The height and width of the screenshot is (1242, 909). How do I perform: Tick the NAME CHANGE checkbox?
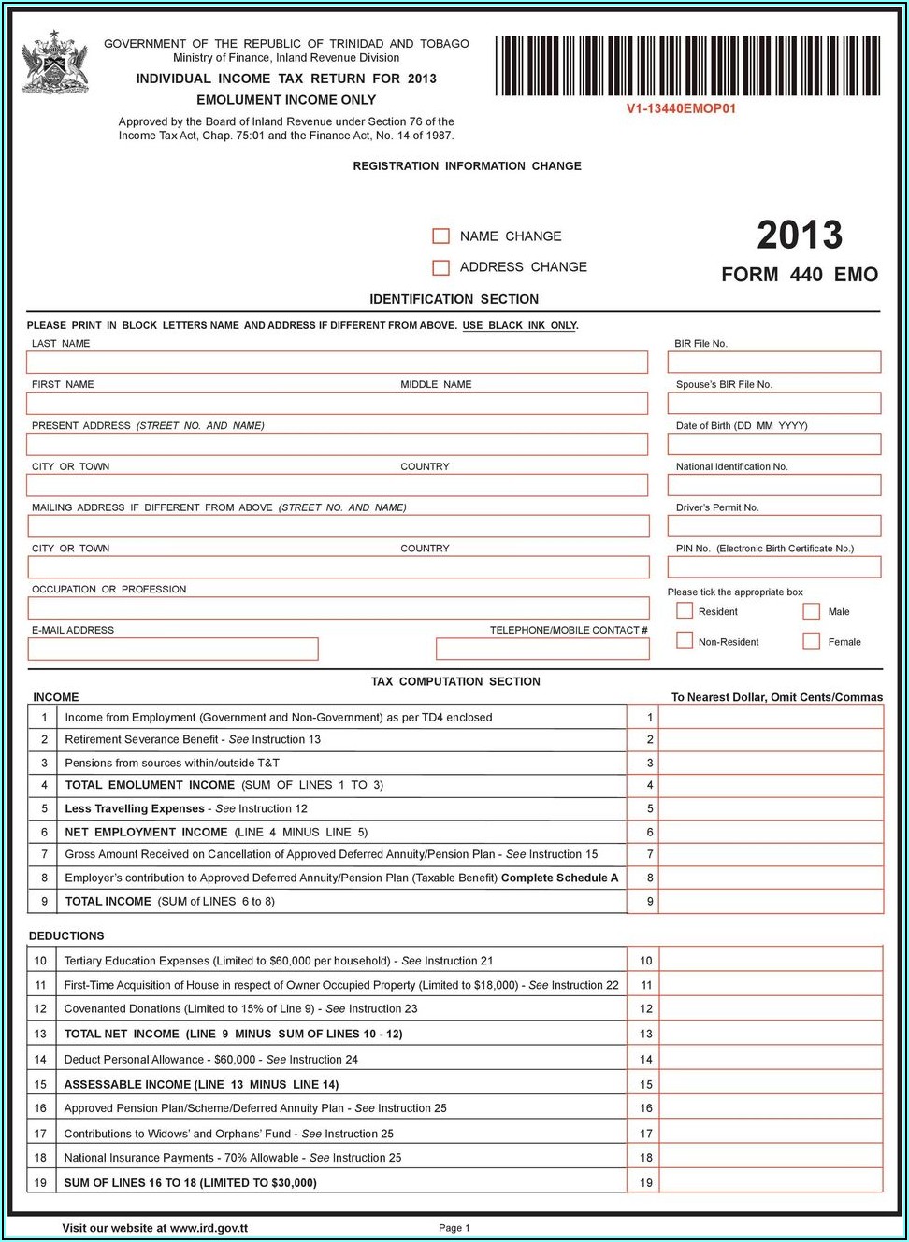tap(441, 236)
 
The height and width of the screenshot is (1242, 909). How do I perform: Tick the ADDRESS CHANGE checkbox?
tap(441, 267)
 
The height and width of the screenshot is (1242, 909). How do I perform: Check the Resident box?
tap(685, 611)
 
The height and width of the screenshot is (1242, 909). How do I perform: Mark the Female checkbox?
tap(812, 641)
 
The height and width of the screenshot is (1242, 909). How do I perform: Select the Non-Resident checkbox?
tap(685, 641)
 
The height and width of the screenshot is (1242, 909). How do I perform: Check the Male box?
tap(812, 611)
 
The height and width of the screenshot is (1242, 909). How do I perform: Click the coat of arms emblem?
tap(55, 63)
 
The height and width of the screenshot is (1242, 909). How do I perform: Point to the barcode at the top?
tap(687, 65)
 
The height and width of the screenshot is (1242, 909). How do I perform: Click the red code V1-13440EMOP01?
tap(681, 108)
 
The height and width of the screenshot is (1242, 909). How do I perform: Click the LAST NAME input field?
tap(337, 362)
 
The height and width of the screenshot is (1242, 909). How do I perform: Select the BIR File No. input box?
tap(773, 362)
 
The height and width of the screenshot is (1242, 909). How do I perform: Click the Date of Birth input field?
tap(773, 444)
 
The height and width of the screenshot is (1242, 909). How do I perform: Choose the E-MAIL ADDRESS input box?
tap(173, 649)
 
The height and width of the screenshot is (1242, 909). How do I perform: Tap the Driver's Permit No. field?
tap(773, 526)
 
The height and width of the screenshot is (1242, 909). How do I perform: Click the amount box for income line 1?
tap(771, 718)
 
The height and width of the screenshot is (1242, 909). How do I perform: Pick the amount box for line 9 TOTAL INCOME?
tap(771, 902)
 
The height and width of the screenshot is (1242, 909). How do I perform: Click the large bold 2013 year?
tap(800, 236)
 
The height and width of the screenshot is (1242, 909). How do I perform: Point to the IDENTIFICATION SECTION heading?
tap(454, 299)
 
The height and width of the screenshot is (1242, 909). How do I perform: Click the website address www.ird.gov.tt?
tap(209, 1228)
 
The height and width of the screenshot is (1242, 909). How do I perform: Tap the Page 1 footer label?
tap(454, 1228)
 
